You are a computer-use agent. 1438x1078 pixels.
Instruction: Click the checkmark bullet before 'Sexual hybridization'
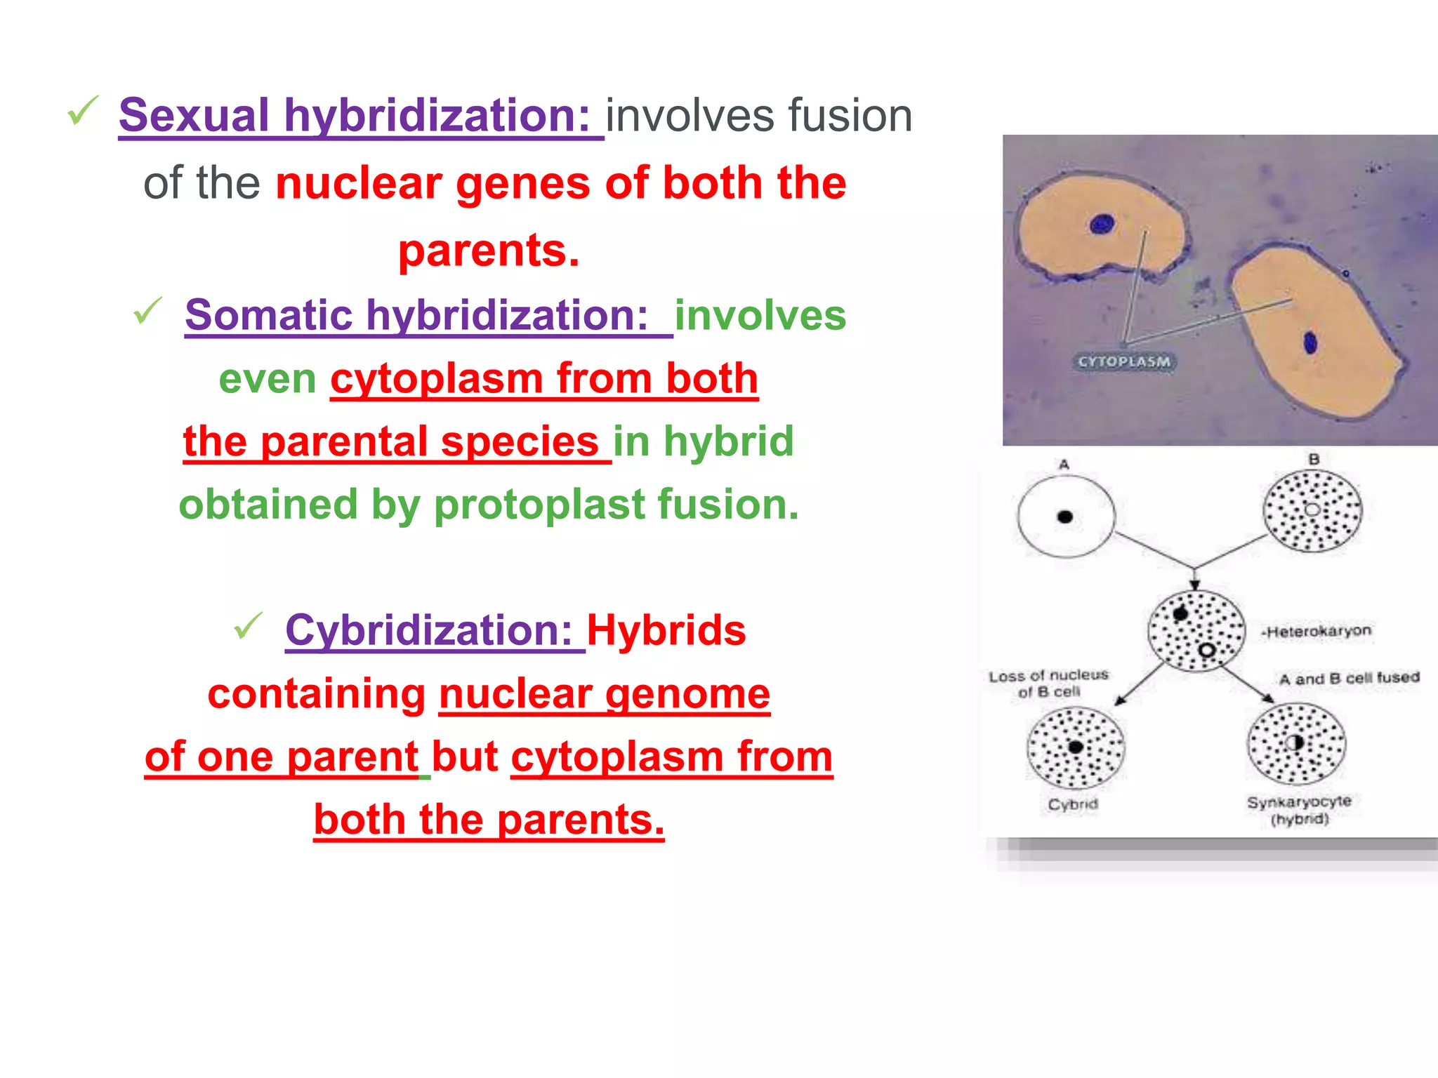(x=82, y=111)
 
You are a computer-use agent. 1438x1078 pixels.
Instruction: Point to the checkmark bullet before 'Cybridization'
(x=248, y=625)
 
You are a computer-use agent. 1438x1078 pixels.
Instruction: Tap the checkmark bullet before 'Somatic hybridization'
(x=147, y=310)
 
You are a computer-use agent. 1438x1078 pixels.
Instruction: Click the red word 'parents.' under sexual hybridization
(x=489, y=250)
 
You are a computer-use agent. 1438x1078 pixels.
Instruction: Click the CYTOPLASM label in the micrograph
(x=1124, y=361)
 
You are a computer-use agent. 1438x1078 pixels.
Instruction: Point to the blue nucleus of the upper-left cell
(x=1102, y=225)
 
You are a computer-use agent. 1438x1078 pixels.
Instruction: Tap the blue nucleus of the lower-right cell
(x=1310, y=342)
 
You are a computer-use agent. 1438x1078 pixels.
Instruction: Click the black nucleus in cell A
(x=1064, y=517)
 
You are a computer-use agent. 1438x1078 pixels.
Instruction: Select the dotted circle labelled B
(x=1312, y=511)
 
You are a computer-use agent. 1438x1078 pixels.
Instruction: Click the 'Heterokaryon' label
(x=1317, y=631)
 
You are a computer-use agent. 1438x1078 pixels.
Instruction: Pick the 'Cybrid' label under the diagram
(x=1072, y=804)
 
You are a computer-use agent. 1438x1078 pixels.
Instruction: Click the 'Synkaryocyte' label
(x=1298, y=801)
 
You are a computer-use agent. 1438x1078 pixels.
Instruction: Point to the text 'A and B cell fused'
(x=1349, y=678)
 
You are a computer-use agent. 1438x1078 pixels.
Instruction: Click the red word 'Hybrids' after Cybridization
(x=666, y=630)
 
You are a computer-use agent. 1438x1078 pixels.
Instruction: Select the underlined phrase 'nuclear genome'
(x=605, y=693)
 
